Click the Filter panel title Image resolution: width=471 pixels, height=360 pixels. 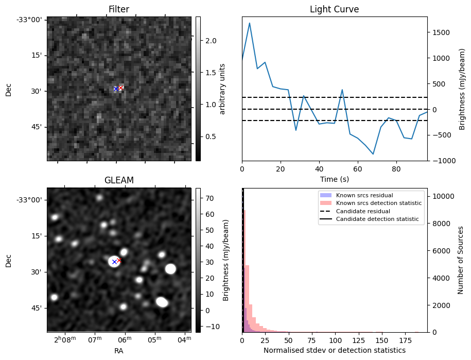(x=119, y=9)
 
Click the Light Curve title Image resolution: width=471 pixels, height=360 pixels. (x=334, y=9)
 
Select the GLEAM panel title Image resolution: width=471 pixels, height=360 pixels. (x=119, y=180)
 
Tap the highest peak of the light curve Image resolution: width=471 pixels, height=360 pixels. (x=250, y=23)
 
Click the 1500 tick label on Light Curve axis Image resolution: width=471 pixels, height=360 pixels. (x=442, y=32)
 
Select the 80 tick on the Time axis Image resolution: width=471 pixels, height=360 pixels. (x=396, y=169)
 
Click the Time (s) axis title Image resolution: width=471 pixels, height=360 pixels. (x=334, y=178)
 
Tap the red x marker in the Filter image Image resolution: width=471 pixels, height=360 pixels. (x=120, y=88)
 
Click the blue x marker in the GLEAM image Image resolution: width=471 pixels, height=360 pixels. (x=114, y=262)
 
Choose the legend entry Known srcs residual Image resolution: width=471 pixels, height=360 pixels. (x=364, y=196)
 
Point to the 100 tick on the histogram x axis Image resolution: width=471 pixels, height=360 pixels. (x=336, y=340)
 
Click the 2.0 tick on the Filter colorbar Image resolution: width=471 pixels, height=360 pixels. (x=211, y=41)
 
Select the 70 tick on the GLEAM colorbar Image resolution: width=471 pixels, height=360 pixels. (x=209, y=198)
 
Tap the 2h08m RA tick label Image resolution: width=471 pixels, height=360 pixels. (x=65, y=340)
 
